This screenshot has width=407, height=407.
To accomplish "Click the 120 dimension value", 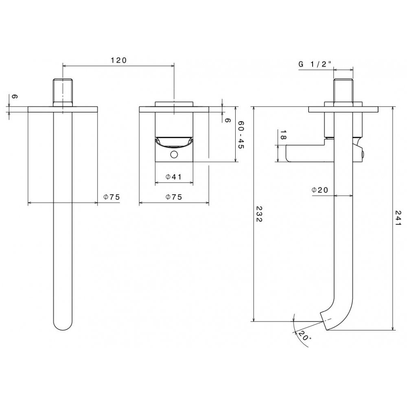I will tap(118, 60).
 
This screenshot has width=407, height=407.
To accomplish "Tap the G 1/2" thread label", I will tap(316, 64).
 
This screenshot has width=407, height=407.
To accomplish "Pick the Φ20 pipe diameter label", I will tap(320, 190).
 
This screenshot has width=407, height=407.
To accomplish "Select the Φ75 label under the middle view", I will tap(174, 197).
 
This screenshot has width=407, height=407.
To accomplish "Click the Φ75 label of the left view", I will tap(112, 197).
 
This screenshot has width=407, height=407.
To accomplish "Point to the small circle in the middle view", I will tap(174, 154).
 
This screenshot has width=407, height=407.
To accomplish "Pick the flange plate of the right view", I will tap(343, 109).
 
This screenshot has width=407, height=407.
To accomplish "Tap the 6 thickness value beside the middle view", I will tap(228, 120).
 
